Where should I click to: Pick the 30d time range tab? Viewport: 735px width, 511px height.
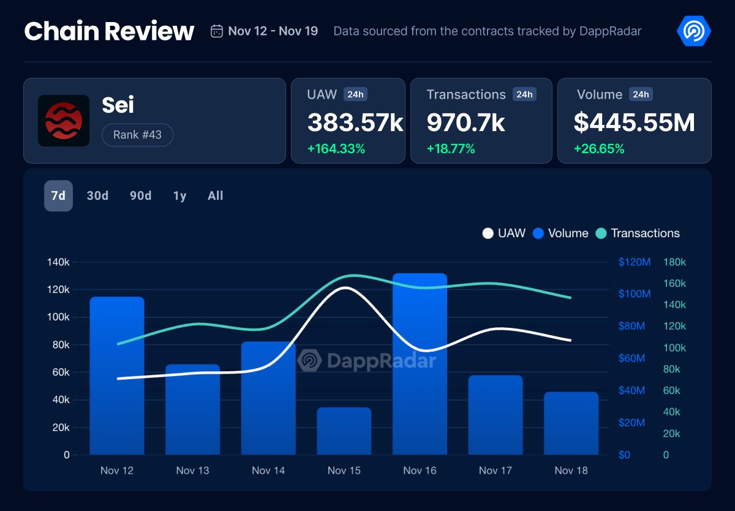(97, 195)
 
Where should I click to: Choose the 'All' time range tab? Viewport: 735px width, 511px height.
(216, 195)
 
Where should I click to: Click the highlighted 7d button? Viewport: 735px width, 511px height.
(58, 195)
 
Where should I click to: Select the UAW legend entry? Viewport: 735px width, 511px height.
(504, 233)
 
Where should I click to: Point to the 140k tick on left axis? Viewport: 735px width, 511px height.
(58, 262)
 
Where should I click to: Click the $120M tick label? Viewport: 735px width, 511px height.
(634, 262)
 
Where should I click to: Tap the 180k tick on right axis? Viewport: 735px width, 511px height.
(674, 262)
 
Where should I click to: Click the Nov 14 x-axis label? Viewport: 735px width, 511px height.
(268, 471)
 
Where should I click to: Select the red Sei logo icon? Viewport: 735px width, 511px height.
(64, 121)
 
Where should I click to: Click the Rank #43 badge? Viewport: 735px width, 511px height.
(137, 135)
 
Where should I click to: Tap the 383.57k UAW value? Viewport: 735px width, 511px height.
(355, 123)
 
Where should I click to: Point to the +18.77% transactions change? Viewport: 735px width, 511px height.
(451, 149)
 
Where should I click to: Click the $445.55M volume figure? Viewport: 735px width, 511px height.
(634, 123)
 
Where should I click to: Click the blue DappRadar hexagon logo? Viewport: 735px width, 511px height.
(693, 31)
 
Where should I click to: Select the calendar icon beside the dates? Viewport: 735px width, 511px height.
(217, 31)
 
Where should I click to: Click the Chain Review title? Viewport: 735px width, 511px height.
(109, 31)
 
